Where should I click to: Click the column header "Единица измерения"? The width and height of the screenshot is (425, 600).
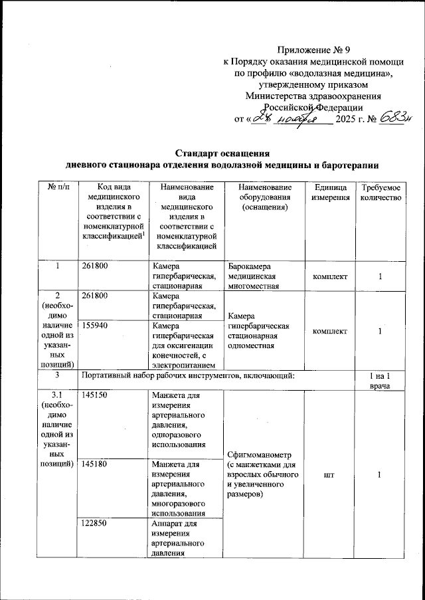coord(328,193)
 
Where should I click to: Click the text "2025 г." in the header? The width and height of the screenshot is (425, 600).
coord(350,120)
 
